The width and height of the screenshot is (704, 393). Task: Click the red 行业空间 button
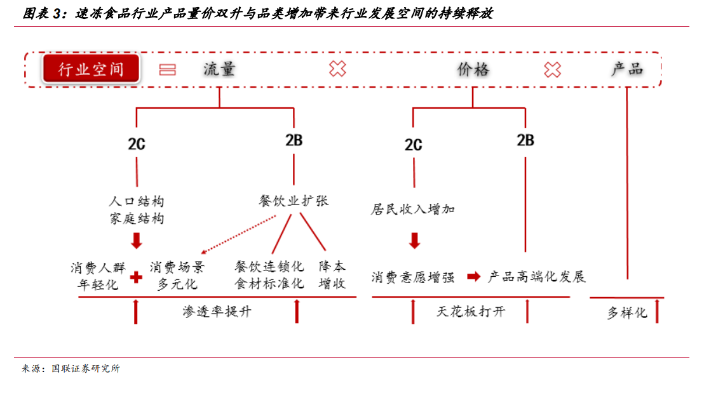coord(91,69)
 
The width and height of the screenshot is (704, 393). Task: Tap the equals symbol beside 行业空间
coord(168,70)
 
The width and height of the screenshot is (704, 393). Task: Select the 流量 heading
coord(219,69)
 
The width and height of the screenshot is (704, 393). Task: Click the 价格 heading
coord(473,70)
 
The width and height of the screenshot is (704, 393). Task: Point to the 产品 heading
coord(626,69)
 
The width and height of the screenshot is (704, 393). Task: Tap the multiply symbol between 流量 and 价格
coord(337,69)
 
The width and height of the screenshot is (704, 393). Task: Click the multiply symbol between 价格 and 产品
coord(552,70)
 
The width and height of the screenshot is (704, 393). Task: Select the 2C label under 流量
coord(137,144)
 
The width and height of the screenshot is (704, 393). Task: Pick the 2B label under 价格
coord(525,140)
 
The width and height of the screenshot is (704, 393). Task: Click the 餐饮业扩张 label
coord(294,201)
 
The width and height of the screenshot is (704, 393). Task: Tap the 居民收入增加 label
coord(412,209)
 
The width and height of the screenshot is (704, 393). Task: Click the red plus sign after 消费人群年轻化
coord(136,277)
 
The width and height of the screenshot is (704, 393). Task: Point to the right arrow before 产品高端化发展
coord(473,276)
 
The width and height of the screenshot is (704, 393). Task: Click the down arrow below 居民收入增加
coord(414,241)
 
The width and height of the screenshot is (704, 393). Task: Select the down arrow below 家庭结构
coord(137,241)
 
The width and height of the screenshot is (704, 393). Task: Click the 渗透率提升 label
coord(217,311)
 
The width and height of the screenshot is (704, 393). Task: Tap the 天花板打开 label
coord(471,311)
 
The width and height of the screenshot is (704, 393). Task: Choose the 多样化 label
coord(627,313)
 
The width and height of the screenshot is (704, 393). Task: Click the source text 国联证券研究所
coord(85,368)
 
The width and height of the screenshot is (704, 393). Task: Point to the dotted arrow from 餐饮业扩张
coord(238,235)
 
